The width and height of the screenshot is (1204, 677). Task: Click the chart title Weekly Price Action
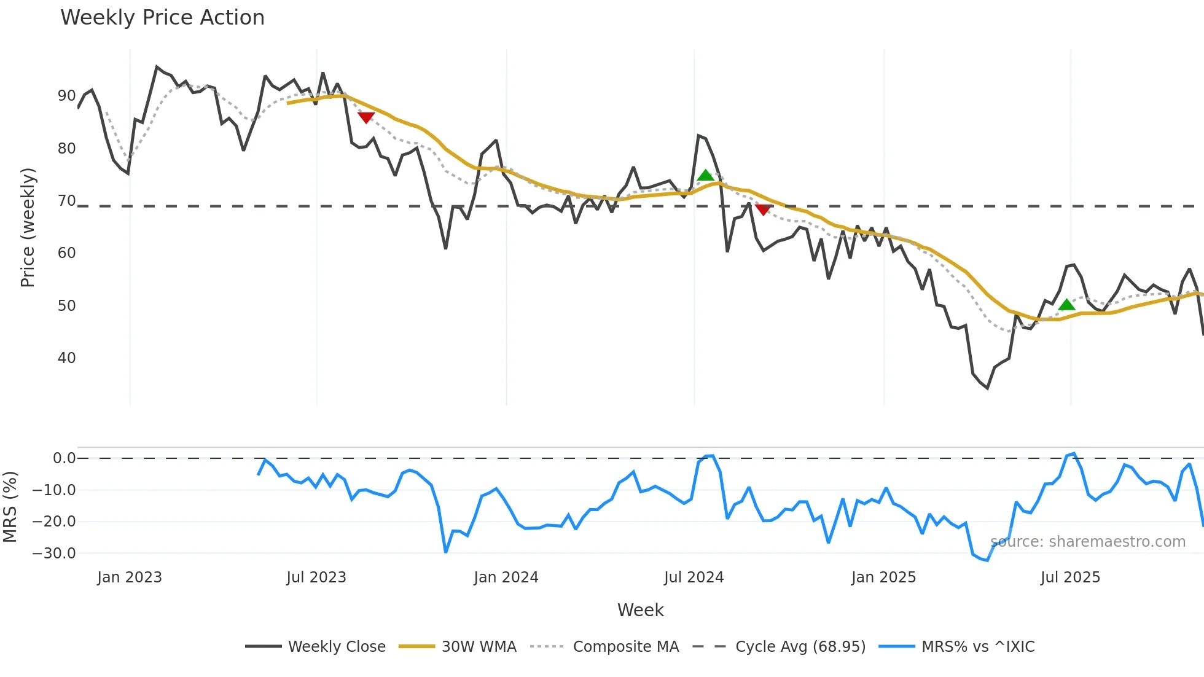(162, 18)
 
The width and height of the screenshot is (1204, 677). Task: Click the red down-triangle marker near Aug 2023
(366, 117)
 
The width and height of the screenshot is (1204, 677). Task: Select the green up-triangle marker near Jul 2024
(706, 176)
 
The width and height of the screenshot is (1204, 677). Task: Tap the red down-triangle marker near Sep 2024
(763, 209)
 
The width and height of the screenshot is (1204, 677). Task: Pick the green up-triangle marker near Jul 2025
(1067, 305)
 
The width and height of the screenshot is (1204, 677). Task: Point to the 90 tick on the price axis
(66, 96)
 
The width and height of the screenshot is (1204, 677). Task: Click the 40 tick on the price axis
(66, 358)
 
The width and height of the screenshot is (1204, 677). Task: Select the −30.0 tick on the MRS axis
(54, 554)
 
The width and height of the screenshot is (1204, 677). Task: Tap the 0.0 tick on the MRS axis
(64, 458)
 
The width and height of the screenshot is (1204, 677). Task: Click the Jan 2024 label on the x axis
(506, 577)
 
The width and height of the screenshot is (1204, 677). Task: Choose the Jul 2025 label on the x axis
(1070, 577)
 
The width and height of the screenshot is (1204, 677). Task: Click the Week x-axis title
(640, 610)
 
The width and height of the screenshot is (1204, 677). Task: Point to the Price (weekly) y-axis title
(28, 227)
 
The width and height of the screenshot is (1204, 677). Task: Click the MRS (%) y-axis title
(10, 507)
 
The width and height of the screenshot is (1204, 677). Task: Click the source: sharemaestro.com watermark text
(1088, 542)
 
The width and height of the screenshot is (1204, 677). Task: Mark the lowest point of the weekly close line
(988, 388)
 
